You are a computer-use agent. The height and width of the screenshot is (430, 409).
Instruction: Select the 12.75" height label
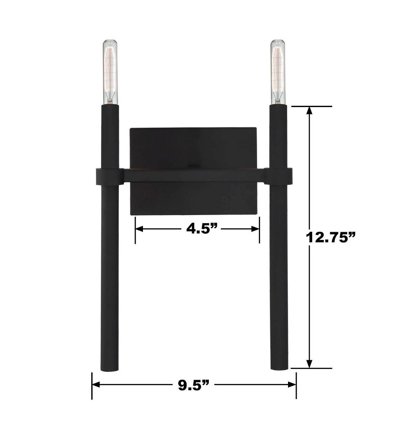click(x=331, y=237)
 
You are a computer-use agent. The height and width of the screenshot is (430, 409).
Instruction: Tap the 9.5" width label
click(x=193, y=385)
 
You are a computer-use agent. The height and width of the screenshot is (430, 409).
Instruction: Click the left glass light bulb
click(x=110, y=72)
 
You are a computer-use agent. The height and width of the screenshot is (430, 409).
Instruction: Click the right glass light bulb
click(x=278, y=72)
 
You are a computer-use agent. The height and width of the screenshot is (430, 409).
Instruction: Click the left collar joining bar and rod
click(x=109, y=176)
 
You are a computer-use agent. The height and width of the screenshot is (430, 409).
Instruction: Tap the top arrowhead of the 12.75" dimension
click(x=310, y=111)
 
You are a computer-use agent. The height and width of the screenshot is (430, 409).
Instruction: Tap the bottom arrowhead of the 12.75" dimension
click(x=310, y=364)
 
